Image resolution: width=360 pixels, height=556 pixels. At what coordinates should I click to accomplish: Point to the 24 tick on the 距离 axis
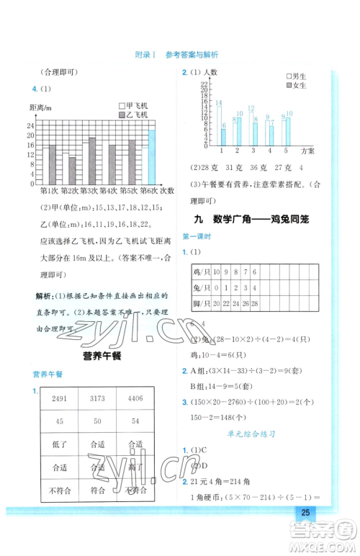30,125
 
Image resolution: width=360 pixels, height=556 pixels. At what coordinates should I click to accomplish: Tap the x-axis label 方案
307,151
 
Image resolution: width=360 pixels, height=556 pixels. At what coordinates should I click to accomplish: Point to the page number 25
305,513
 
